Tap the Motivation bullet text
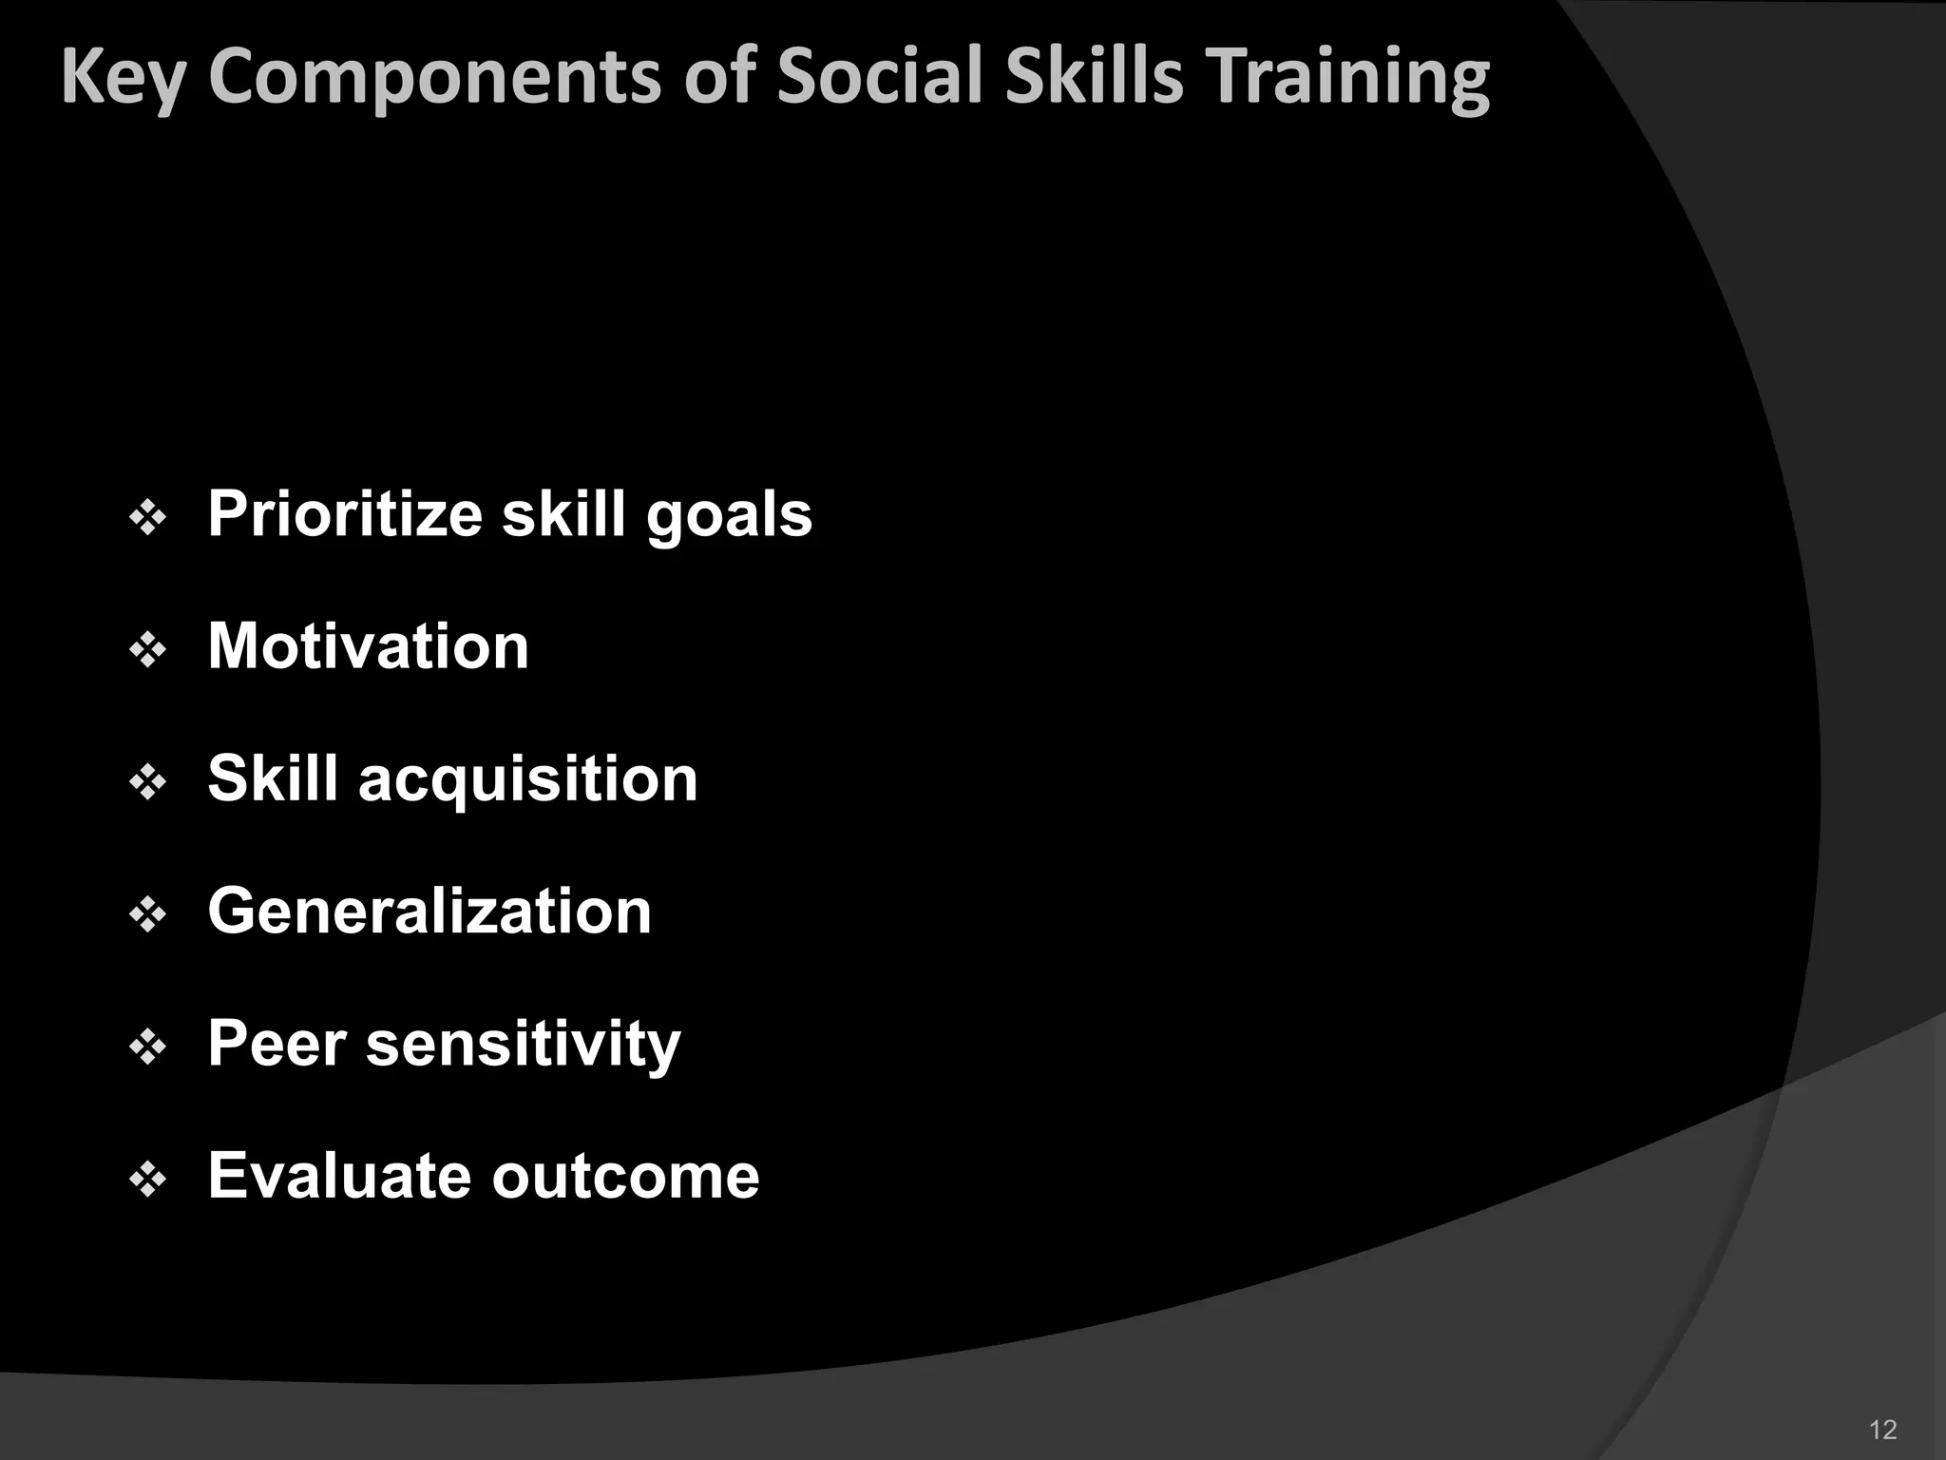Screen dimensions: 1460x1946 click(x=368, y=646)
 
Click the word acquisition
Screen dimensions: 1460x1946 click(x=527, y=780)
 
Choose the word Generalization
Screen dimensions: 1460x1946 click(x=429, y=912)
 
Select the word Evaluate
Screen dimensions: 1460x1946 click(x=339, y=1176)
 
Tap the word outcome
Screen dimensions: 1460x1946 click(x=625, y=1178)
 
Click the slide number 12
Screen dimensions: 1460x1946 click(x=1882, y=1430)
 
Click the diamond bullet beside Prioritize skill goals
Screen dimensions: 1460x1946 click(x=148, y=518)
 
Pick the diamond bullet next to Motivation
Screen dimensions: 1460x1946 click(x=148, y=651)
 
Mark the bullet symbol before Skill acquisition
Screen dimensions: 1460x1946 click(x=148, y=783)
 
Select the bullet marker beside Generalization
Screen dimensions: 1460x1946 click(x=148, y=915)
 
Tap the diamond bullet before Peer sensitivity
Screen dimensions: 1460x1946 click(x=148, y=1047)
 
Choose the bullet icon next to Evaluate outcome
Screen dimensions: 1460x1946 click(x=148, y=1180)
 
